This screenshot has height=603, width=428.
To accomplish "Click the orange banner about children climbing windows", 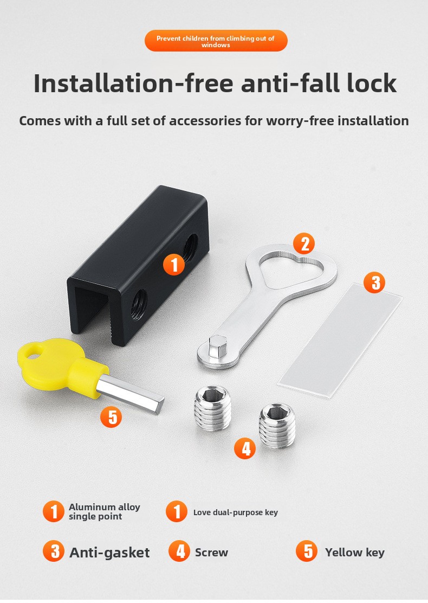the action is pos(216,41).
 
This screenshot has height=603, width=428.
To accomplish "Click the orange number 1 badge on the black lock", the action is pos(174,265).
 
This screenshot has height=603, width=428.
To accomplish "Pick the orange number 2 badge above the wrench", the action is pos(304,244).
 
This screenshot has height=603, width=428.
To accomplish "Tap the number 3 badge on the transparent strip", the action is pos(374,283).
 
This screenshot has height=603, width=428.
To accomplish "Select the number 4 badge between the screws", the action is pos(245,448).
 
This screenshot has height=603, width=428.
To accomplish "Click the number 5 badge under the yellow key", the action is pos(111,417).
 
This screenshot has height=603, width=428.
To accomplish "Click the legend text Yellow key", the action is pos(355,553).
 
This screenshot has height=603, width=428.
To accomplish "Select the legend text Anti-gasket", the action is pos(109,553).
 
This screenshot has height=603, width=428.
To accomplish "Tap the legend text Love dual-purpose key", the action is pos(236,512).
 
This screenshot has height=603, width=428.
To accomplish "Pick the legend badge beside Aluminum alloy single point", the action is pos(54,511).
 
